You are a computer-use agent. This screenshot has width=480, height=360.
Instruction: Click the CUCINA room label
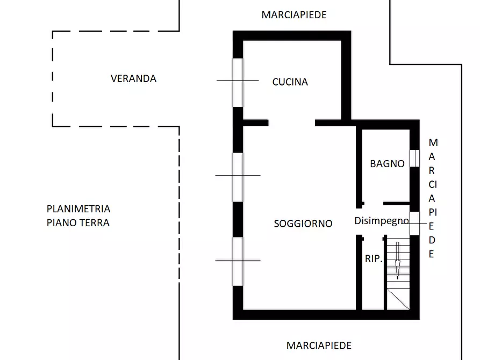tap(290, 82)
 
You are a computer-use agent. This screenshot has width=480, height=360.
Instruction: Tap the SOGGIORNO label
tap(303, 224)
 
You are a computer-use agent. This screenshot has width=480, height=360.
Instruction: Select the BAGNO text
tap(387, 164)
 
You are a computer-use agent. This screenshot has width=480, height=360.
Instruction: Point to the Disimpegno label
tap(381, 221)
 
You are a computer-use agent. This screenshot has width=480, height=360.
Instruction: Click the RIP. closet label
tap(373, 259)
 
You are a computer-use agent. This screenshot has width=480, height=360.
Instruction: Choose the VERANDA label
tap(133, 78)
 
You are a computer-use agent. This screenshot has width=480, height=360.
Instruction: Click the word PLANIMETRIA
tap(78, 209)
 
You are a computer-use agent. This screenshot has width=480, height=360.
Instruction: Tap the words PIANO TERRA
tap(78, 222)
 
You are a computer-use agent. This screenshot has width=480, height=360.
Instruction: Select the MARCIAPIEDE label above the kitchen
tap(293, 15)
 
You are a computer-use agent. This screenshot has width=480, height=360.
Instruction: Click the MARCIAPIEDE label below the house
tap(319, 345)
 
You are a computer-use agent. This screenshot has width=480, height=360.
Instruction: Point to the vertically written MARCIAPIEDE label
tap(432, 198)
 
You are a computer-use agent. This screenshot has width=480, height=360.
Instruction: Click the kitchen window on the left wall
tap(238, 82)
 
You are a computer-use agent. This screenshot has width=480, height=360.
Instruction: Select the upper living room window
tap(238, 177)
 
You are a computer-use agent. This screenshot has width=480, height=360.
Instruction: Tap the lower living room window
tap(238, 261)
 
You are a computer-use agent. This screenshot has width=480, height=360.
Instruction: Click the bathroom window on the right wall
tap(414, 158)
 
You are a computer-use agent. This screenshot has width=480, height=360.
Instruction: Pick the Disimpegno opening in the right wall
tap(414, 223)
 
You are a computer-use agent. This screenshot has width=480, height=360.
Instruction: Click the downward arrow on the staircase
tap(398, 261)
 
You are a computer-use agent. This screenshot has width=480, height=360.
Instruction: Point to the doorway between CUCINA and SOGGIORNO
tap(291, 123)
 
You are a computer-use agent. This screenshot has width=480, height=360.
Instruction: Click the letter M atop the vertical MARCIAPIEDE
tap(433, 143)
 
